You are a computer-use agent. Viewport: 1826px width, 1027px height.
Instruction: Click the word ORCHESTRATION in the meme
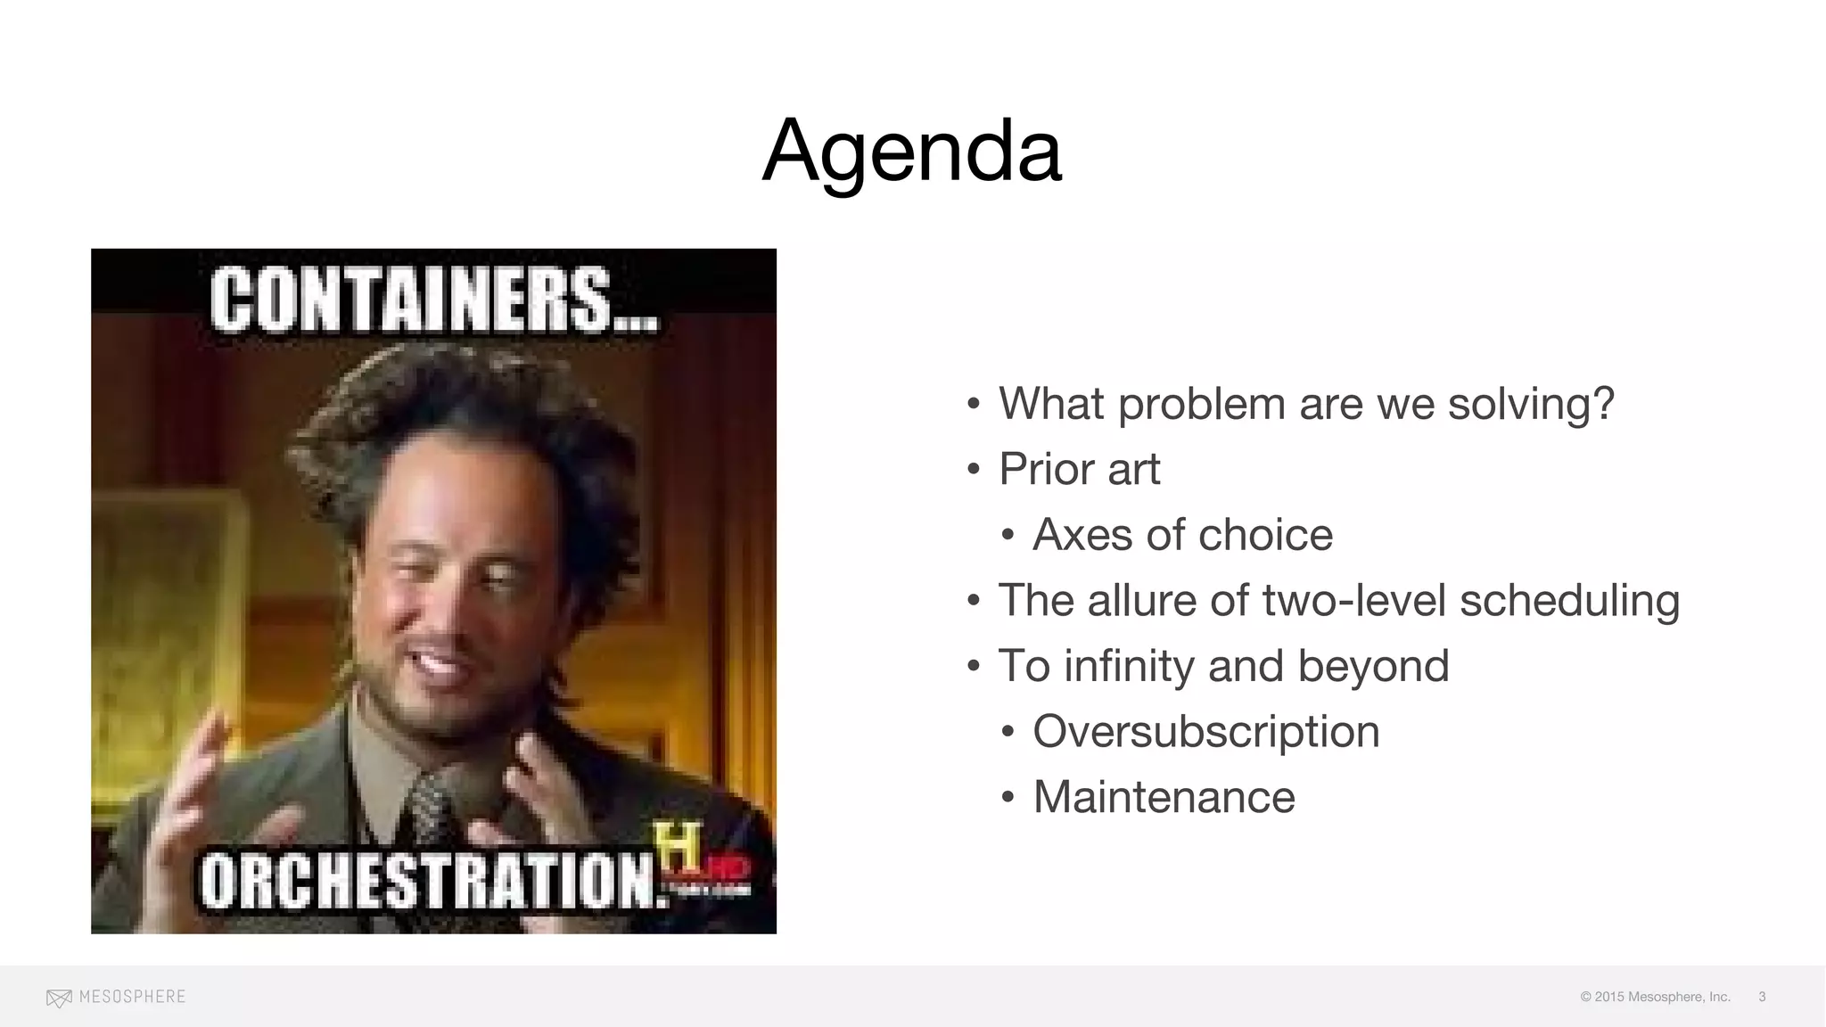point(432,880)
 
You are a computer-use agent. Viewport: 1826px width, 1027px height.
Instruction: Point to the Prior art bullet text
point(1079,469)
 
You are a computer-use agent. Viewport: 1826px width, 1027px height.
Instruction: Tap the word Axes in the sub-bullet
point(1082,535)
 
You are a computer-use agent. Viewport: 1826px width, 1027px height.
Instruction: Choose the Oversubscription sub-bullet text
point(1205,731)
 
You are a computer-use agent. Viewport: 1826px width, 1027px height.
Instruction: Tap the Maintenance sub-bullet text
point(1164,797)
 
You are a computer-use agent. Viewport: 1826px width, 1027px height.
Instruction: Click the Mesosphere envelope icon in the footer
point(59,998)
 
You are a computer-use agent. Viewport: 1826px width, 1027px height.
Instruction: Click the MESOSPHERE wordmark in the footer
point(132,997)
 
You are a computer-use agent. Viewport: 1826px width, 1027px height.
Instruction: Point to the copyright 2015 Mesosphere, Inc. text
point(1655,997)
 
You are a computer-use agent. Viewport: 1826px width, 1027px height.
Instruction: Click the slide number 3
point(1762,997)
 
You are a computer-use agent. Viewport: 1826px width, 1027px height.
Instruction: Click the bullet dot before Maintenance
point(1008,797)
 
